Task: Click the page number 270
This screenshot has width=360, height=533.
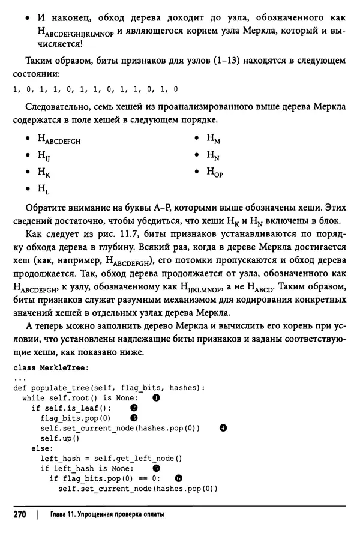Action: [x=22, y=515]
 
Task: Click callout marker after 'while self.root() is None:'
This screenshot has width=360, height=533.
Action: [x=156, y=397]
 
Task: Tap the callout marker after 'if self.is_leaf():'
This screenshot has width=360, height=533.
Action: [x=134, y=408]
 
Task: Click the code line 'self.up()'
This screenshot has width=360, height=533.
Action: [x=54, y=438]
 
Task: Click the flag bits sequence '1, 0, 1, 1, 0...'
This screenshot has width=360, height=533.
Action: [x=95, y=89]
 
